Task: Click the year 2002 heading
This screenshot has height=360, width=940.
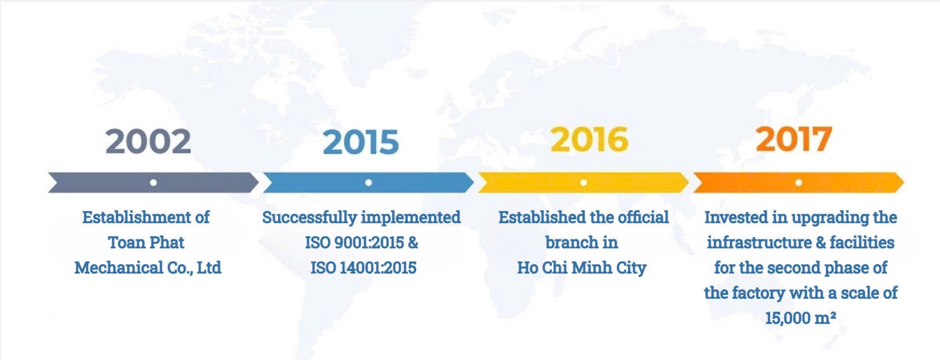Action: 148,141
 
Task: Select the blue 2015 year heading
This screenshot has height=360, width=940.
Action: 361,142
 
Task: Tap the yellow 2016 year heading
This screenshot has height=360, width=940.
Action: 589,140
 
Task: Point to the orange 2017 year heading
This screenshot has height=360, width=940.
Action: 794,139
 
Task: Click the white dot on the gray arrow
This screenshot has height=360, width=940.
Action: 153,183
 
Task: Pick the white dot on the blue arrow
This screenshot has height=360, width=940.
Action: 368,183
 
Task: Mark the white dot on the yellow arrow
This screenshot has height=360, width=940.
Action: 583,183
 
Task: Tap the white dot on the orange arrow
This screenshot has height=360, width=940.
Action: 799,183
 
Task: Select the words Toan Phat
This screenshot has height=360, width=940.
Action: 146,242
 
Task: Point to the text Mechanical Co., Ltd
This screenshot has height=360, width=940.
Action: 148,268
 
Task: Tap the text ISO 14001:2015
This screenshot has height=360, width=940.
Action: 363,268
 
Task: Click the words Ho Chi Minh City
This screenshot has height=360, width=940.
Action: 582,268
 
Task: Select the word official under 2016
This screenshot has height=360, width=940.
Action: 643,217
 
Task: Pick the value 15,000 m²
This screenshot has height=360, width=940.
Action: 800,318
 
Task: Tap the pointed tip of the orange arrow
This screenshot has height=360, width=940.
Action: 904,183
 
